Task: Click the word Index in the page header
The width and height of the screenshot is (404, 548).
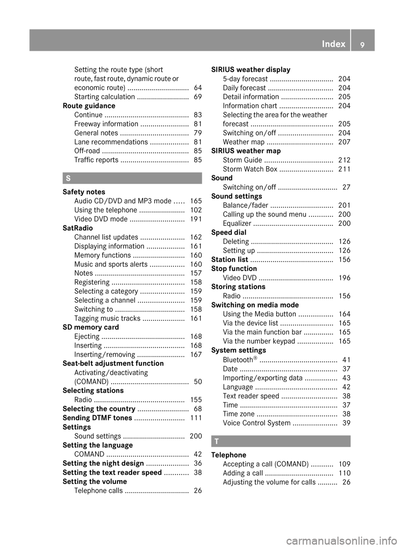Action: pos(333,44)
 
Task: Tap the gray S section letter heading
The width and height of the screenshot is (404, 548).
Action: pos(68,178)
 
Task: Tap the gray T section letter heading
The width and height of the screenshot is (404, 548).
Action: pos(216,441)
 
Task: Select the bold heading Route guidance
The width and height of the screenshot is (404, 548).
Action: pos(89,106)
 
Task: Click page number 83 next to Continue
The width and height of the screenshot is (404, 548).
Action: pos(198,115)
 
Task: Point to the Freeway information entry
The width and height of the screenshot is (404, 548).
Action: pos(106,124)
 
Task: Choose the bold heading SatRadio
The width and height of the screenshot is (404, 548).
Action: pos(77,228)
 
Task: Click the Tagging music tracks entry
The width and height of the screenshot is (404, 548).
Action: pos(107,319)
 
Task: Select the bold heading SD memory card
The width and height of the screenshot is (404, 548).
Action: pos(90,327)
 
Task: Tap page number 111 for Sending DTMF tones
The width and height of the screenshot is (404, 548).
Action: pos(196,418)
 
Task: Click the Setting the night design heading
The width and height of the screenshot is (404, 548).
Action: pos(103,463)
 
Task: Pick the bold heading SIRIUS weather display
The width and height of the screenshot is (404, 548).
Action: pos(251,70)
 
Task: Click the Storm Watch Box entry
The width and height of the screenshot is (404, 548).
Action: pos(250,169)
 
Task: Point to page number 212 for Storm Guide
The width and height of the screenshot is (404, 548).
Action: pos(344,160)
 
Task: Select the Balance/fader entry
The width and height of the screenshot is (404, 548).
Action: pos(245,205)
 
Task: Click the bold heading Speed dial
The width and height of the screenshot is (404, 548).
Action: pos(229,232)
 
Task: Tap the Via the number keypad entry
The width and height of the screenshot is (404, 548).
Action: pos(259,341)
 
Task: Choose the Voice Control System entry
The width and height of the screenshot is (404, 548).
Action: pos(257,423)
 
